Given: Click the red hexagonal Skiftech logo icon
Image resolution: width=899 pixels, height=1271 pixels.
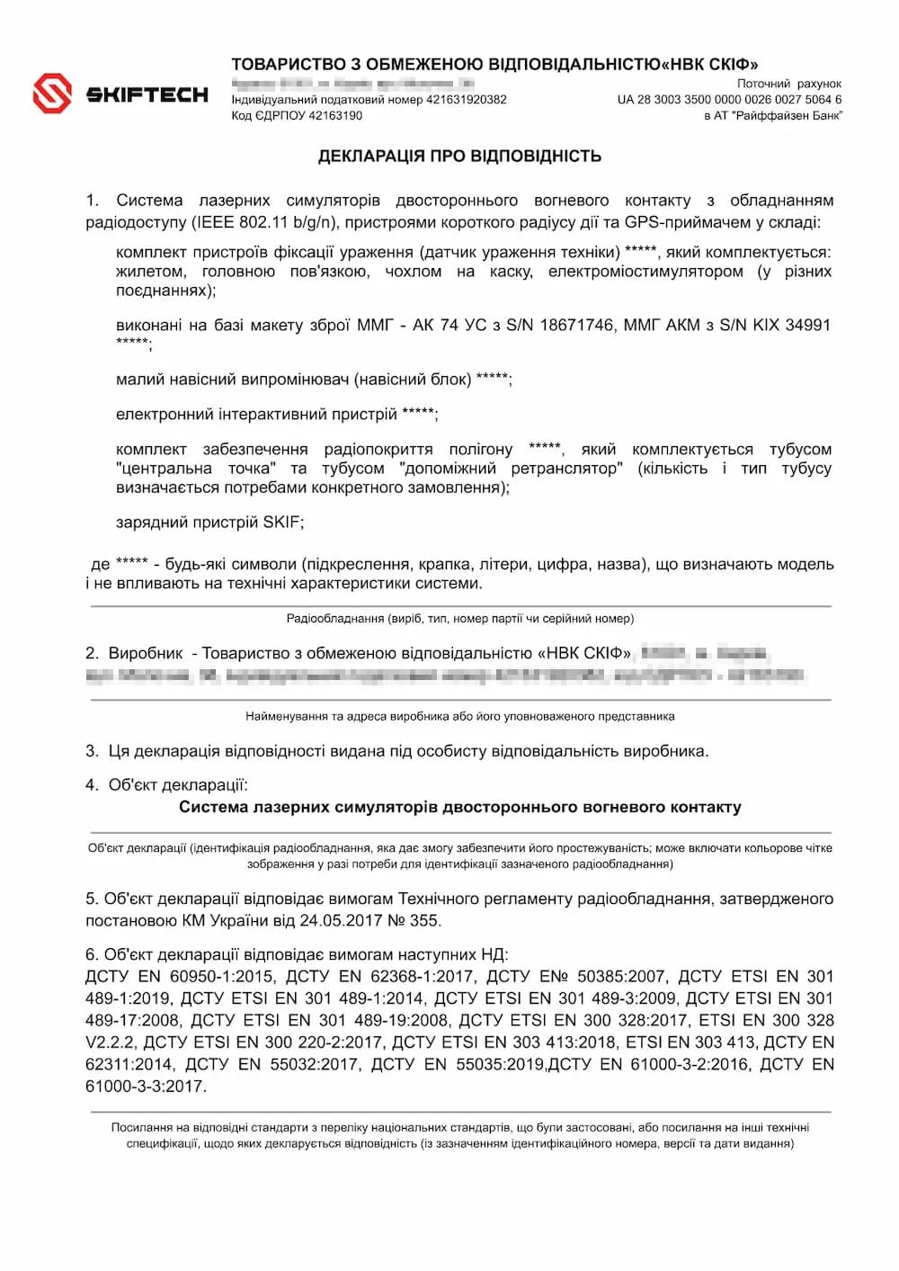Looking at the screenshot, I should (x=52, y=94).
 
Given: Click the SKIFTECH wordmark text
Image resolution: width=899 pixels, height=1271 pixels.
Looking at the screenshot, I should (x=147, y=94).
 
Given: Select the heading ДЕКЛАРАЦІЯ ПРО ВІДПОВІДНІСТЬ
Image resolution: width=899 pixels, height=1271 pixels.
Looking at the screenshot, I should (x=459, y=157).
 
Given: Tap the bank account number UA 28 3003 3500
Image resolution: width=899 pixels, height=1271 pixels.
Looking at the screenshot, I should (x=729, y=100).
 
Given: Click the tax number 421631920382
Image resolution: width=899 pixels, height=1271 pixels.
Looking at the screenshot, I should (x=466, y=100).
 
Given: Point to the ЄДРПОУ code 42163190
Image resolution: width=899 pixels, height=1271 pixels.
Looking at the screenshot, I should (x=335, y=115).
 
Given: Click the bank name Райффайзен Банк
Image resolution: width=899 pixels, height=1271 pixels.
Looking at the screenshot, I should (x=787, y=115).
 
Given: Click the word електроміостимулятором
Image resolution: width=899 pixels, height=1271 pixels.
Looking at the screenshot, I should (x=645, y=272).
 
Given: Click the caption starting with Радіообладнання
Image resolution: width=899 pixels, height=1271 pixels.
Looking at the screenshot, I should (x=459, y=619).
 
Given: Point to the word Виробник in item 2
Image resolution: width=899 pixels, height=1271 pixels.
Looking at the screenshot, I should (x=146, y=653).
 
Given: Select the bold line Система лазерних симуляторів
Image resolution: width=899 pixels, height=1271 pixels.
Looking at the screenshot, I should (x=459, y=807).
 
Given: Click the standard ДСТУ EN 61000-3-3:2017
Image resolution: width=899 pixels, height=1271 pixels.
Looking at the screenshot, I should (x=144, y=1086).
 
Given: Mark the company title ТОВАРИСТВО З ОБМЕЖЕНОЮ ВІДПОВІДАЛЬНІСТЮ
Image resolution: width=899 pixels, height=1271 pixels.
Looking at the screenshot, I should (x=445, y=64).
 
